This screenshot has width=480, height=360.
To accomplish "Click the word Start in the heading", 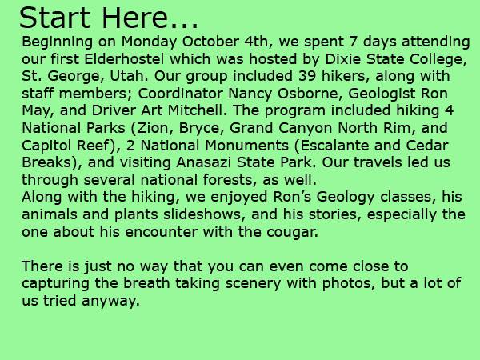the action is [x=54, y=18].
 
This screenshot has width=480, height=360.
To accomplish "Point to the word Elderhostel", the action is [x=124, y=58].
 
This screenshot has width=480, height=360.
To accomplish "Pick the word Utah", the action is [x=129, y=76].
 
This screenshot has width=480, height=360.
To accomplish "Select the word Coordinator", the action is [x=180, y=94].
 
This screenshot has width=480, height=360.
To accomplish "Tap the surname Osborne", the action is [x=310, y=94].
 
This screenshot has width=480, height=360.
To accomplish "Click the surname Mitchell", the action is [x=198, y=110].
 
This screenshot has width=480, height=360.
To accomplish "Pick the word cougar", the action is [x=292, y=232].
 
